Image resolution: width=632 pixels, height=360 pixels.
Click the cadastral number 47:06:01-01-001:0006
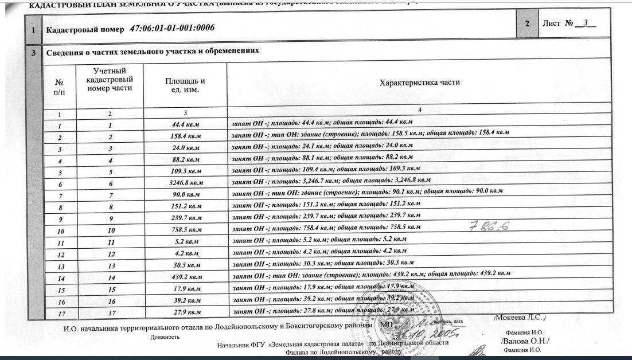tap(173, 28)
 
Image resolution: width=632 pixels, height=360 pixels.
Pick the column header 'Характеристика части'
tap(420, 83)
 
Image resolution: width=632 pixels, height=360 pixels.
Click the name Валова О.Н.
tap(525, 342)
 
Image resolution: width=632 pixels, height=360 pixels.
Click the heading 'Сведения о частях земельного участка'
tap(153, 51)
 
